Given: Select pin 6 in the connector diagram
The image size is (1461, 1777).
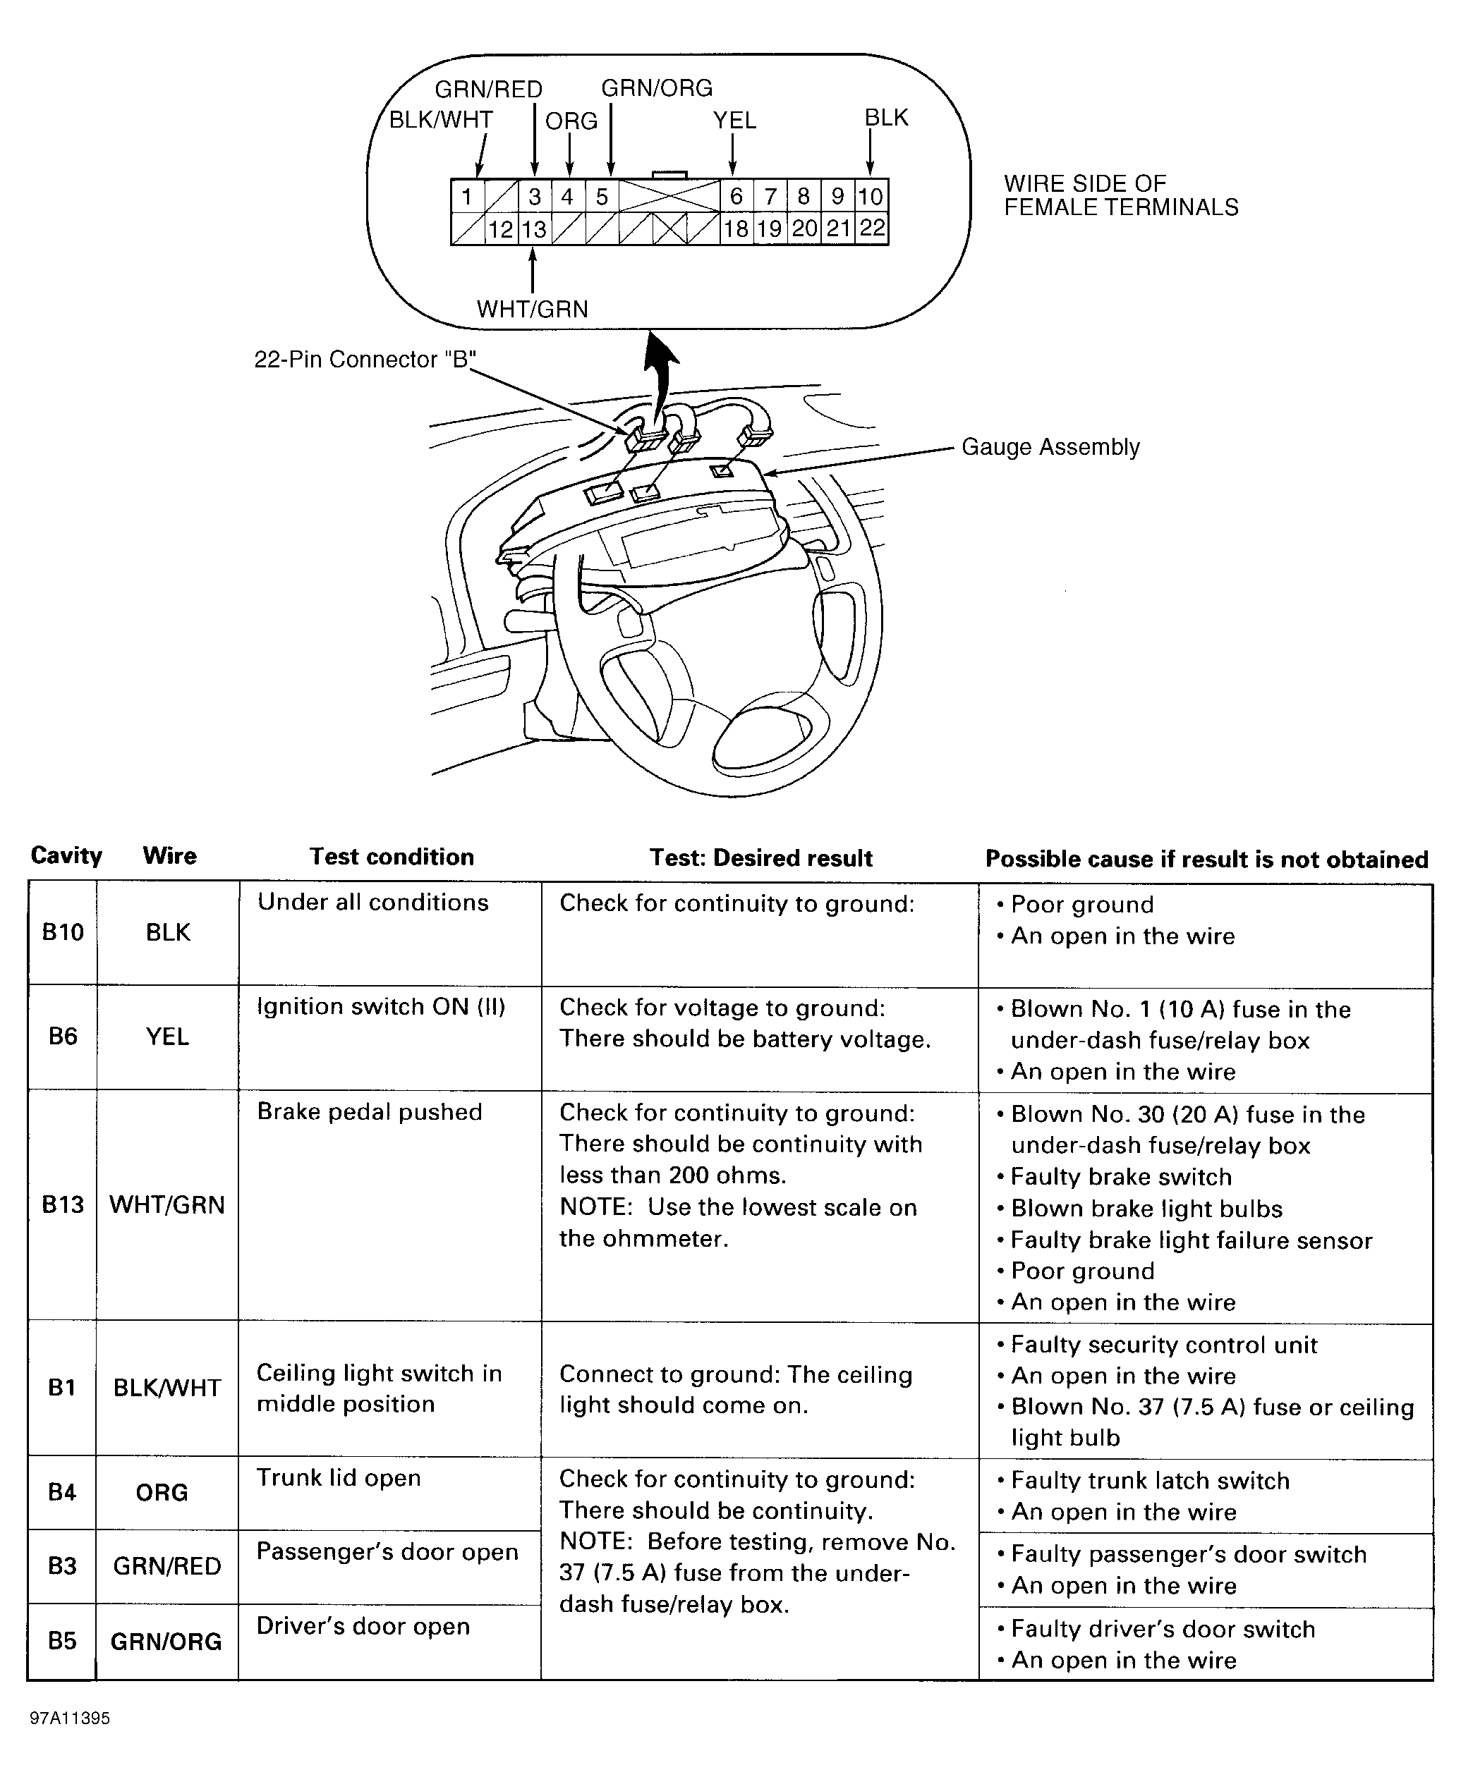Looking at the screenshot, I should (736, 196).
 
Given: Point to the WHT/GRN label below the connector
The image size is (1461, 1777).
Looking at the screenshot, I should (532, 309).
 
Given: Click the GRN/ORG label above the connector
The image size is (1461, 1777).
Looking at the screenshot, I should (657, 88).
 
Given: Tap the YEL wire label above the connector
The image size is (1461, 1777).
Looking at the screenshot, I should (734, 121).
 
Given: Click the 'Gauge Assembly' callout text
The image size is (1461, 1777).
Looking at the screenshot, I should (1050, 447).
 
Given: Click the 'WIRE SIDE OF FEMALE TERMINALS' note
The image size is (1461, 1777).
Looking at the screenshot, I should (1120, 195).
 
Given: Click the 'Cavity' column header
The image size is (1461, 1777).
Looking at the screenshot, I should (66, 855).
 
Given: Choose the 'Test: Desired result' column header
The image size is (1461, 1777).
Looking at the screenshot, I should (760, 857).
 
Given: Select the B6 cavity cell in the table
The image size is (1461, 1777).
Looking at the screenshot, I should (63, 1036).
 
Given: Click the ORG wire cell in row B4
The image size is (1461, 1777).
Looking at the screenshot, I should (162, 1492).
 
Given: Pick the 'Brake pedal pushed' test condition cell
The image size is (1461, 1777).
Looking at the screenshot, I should (370, 1111).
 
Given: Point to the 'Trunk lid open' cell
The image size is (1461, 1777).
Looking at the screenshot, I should (339, 1477).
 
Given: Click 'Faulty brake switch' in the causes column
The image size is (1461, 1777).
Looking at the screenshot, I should (1121, 1176).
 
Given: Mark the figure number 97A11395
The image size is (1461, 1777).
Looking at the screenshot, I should (70, 1718).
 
